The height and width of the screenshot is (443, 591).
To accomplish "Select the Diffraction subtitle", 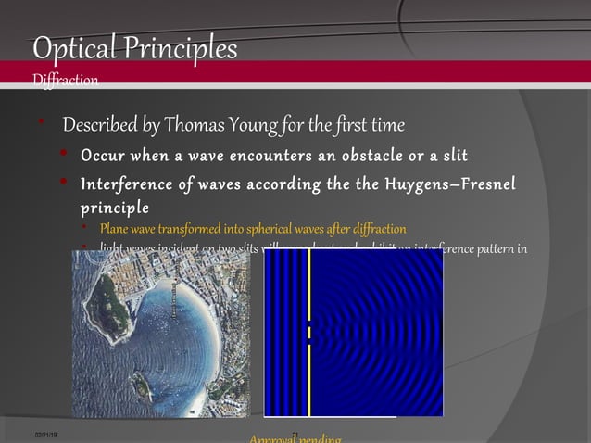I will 65,81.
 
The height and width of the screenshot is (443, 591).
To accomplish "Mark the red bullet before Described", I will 41,124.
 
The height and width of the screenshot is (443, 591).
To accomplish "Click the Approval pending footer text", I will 295,438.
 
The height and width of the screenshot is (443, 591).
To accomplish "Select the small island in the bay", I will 141,384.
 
